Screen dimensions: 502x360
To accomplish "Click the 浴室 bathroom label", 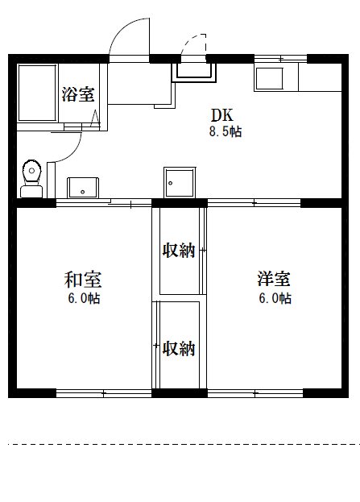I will pyautogui.click(x=78, y=93).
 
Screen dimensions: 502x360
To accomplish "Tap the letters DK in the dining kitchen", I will pyautogui.click(x=222, y=115).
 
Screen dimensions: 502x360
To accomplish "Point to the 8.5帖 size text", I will pyautogui.click(x=224, y=131).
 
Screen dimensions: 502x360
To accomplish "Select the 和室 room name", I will pyautogui.click(x=83, y=280).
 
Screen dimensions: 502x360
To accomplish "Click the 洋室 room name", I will pyautogui.click(x=274, y=280).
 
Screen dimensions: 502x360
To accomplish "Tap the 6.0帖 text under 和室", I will pyautogui.click(x=84, y=298).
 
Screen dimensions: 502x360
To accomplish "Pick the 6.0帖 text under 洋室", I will pyautogui.click(x=275, y=298).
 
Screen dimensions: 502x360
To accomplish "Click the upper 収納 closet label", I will pyautogui.click(x=180, y=251).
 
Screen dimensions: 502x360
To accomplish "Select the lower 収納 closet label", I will pyautogui.click(x=180, y=349).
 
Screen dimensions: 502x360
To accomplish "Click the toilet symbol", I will pyautogui.click(x=31, y=175).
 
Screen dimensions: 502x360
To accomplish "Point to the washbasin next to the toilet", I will pyautogui.click(x=82, y=186).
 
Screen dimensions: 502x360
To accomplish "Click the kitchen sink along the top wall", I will pyautogui.click(x=271, y=80).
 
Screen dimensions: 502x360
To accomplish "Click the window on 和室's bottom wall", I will pyautogui.click(x=103, y=393).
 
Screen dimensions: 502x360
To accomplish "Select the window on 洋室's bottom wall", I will pyautogui.click(x=254, y=393).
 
